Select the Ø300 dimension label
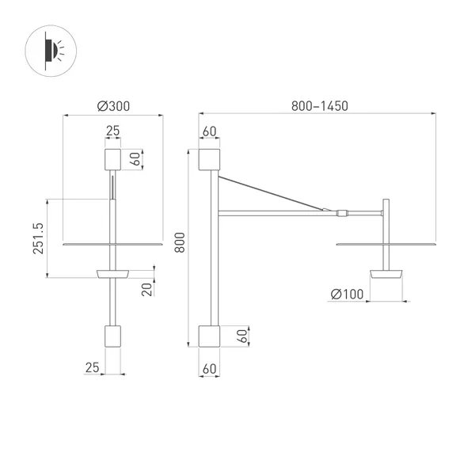pyautogui.click(x=113, y=105)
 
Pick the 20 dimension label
pyautogui.click(x=146, y=288)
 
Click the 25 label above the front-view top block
pyautogui.click(x=112, y=131)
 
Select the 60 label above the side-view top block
pyautogui.click(x=210, y=131)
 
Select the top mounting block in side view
pyautogui.click(x=210, y=159)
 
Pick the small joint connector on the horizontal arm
pyautogui.click(x=341, y=212)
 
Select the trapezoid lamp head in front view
pyautogui.click(x=112, y=273)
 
